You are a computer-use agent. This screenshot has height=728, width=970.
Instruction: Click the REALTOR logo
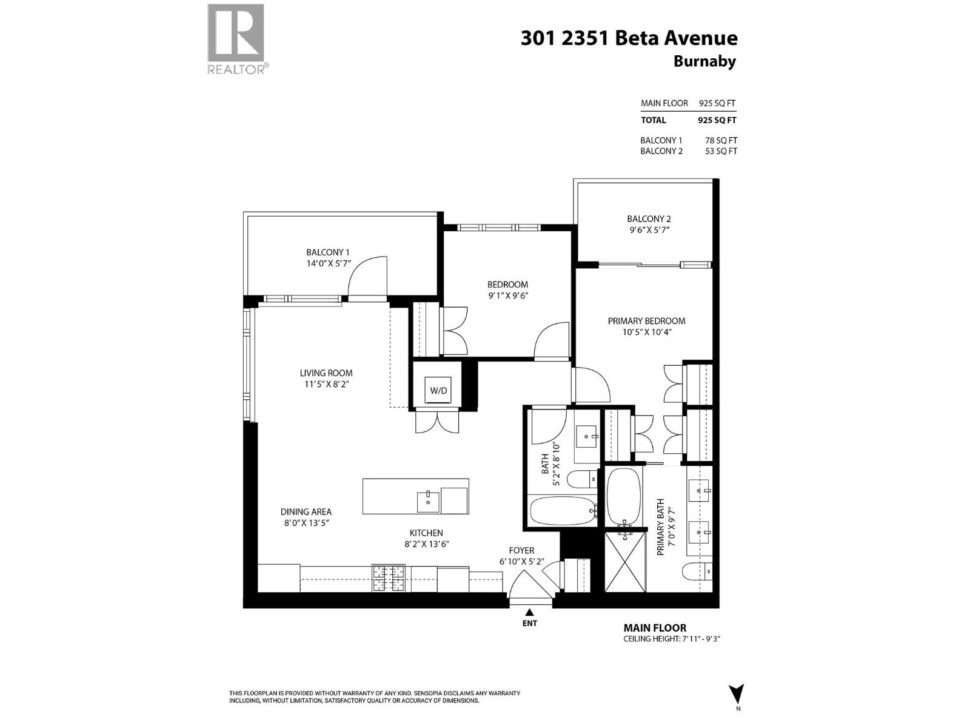pos(236,39)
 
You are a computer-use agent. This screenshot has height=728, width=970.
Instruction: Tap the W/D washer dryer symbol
pos(438,390)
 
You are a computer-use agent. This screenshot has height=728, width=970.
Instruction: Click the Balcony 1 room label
pos(327,252)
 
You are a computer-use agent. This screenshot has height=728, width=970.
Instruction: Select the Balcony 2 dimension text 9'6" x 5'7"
pos(649,230)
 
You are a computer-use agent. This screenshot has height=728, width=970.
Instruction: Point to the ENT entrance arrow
pos(529,613)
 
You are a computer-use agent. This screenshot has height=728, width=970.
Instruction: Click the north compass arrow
pos(737,693)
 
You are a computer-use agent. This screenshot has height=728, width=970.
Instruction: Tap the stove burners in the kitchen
pos(388,578)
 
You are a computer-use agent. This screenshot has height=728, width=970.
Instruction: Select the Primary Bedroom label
pos(646,321)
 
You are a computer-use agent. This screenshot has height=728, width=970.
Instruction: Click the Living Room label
pos(326,373)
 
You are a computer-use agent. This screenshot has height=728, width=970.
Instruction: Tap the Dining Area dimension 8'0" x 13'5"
pos(306,523)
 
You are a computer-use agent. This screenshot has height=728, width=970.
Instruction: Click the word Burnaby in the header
pos(704,61)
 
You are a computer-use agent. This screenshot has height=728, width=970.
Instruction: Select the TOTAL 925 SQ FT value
pos(717,120)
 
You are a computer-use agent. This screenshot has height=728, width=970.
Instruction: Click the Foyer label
pos(521,550)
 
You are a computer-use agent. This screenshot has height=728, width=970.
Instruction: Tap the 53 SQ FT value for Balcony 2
pos(721,151)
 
